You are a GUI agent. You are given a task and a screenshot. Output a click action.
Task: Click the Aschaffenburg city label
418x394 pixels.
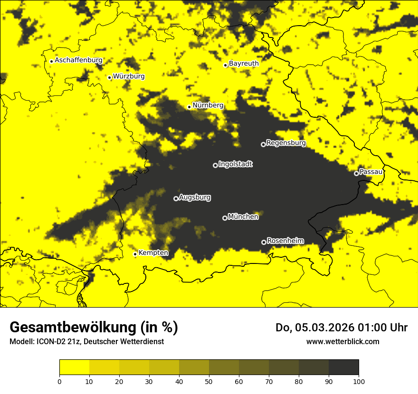pos(78,60)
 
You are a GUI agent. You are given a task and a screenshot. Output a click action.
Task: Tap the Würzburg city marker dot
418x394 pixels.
pos(110,77)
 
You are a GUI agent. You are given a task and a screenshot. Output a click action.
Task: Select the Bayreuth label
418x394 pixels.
pos(244,63)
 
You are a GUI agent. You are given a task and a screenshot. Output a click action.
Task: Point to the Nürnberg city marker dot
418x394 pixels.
pos(189,107)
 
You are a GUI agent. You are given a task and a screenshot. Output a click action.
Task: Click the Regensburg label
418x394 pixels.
pos(286,142)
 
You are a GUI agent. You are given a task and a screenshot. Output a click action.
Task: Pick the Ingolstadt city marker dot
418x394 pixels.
pos(215,165)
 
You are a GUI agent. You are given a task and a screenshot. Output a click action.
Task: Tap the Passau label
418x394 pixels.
pos(371,171)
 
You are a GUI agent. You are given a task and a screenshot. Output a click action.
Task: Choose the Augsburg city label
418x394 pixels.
pos(195,197)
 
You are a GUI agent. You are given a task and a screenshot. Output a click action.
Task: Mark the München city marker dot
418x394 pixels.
pos(225,218)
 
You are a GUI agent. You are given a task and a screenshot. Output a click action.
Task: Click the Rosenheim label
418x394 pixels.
pos(285,241)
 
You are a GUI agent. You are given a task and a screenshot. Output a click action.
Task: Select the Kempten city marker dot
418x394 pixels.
pos(135,254)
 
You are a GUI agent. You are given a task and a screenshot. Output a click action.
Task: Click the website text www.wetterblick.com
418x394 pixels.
pos(342,341)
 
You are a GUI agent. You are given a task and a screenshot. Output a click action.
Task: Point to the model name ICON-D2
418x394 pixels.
pos(48,342)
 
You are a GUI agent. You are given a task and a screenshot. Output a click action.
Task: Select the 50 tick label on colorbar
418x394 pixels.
pos(209,381)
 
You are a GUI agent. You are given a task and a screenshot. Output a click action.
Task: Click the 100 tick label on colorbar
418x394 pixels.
pos(359,381)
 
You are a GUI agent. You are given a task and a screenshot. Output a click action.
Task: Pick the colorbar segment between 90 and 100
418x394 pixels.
pos(343,367)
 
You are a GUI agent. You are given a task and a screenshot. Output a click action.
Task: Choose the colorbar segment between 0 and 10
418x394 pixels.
pos(74,367)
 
